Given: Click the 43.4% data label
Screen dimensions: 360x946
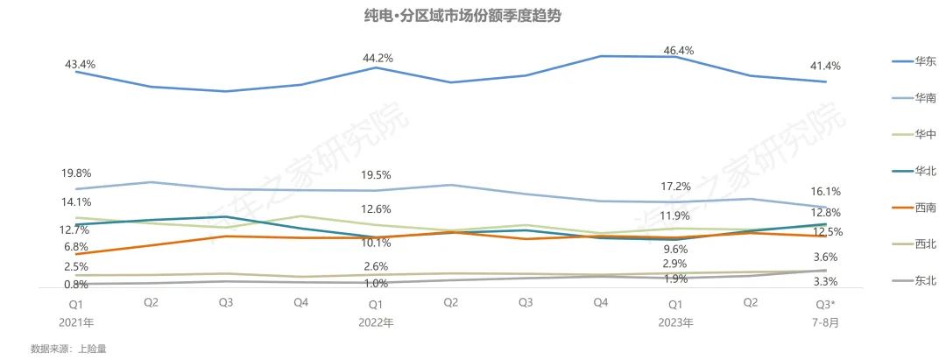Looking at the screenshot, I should point(80,65).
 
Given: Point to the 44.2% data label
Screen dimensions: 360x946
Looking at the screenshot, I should point(378,58).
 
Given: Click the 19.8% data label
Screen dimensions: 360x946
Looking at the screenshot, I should point(77,173).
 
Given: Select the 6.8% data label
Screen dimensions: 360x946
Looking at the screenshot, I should point(77,246).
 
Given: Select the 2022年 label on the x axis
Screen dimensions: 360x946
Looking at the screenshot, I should point(376,322).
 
